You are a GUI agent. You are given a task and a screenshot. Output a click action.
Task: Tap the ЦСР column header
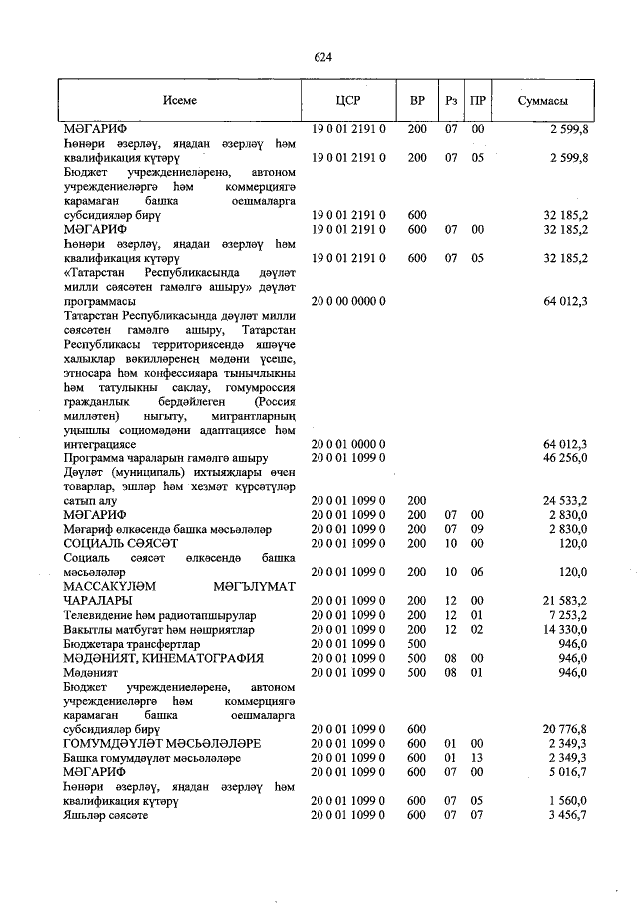tap(348, 101)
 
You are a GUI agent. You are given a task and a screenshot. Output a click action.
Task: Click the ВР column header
tap(417, 101)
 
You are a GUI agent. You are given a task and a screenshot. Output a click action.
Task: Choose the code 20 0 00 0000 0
tap(348, 300)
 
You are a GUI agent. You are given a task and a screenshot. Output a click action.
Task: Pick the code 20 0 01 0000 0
tap(348, 443)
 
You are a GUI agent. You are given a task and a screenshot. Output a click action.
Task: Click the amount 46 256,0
tap(565, 456)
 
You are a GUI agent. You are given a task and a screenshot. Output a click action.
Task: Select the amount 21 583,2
tap(565, 600)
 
